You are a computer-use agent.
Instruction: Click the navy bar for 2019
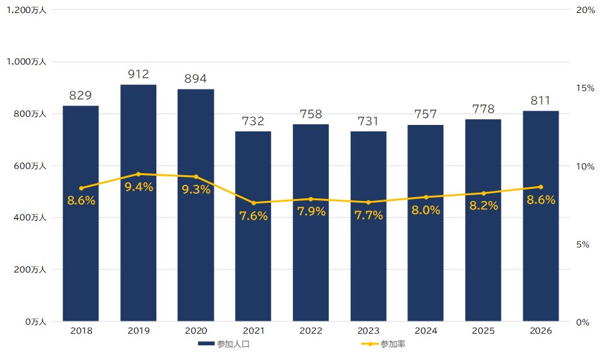click(138, 203)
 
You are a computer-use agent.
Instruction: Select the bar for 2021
click(253, 227)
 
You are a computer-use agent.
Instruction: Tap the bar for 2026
click(541, 216)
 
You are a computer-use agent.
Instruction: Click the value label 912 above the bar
click(138, 74)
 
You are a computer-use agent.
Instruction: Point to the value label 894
click(196, 79)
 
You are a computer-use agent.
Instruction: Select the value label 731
click(368, 121)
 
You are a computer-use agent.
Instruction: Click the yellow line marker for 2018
click(81, 188)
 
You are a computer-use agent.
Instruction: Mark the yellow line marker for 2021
click(254, 203)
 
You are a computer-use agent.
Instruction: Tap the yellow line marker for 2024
click(426, 197)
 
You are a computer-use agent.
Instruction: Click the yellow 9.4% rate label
click(139, 187)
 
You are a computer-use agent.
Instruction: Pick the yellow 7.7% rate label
click(368, 215)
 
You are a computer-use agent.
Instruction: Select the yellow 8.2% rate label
click(483, 205)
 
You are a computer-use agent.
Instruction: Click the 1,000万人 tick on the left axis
click(26, 62)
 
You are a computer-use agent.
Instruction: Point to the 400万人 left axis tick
click(30, 218)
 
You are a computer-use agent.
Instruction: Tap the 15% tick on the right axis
click(585, 88)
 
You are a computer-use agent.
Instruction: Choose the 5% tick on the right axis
click(582, 245)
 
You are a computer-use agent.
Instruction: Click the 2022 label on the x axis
click(311, 331)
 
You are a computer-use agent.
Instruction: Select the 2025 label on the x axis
click(483, 331)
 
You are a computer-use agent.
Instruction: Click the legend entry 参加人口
click(224, 344)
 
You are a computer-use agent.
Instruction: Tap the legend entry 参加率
click(384, 344)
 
